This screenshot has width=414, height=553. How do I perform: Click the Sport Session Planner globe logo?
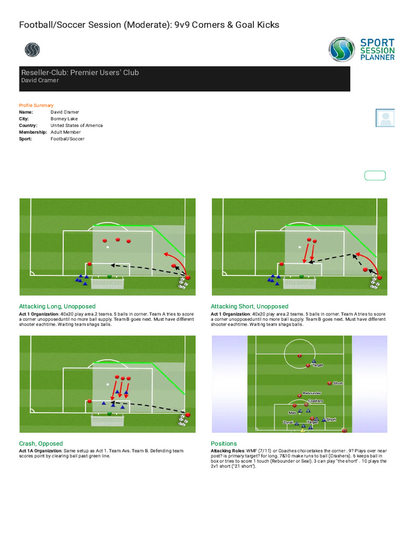tap(341, 49)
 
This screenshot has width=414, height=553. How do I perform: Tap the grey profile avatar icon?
tap(385, 118)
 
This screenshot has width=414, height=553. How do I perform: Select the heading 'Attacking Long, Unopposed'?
tap(57, 306)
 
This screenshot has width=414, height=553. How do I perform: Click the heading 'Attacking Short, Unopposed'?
tap(250, 306)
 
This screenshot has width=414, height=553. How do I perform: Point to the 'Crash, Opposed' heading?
tap(41, 443)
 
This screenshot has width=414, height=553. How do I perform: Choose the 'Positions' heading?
tap(224, 443)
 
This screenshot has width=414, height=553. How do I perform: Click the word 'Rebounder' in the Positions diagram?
tap(312, 393)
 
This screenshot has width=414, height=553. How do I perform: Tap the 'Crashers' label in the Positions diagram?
tap(315, 401)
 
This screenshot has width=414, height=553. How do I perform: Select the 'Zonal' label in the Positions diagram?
tap(288, 422)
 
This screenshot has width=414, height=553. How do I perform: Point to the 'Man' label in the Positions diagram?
tap(292, 413)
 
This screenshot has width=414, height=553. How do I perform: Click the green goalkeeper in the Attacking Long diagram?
tap(109, 276)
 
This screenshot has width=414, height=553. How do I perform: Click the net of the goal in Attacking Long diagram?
tap(108, 283)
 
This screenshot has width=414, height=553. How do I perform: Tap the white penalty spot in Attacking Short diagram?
tap(300, 247)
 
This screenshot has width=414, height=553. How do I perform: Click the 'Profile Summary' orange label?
tap(36, 105)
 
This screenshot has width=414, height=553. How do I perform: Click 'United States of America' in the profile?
tap(77, 125)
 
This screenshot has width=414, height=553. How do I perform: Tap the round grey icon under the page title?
tap(32, 50)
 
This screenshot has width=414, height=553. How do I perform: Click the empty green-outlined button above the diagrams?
tap(375, 175)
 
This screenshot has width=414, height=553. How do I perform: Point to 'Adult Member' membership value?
tap(66, 132)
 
